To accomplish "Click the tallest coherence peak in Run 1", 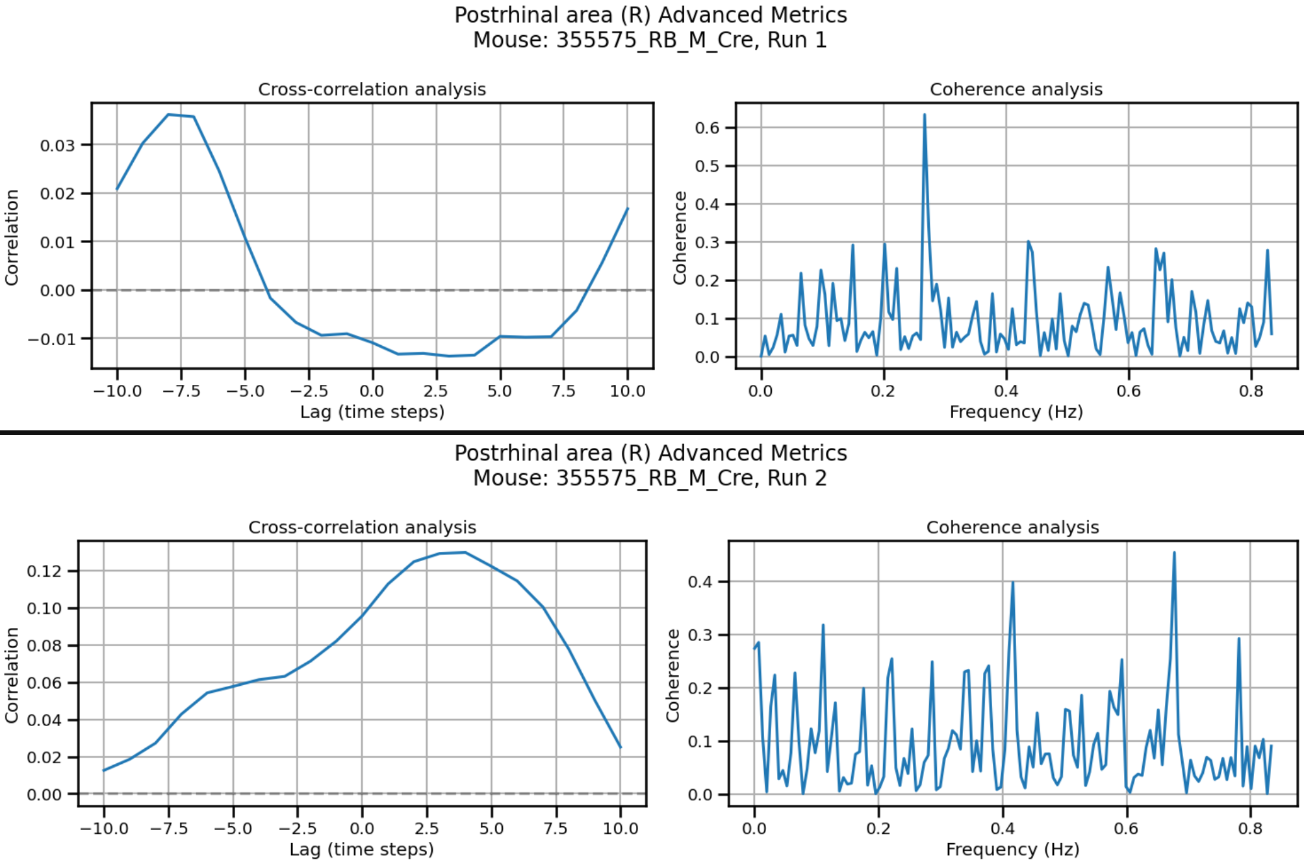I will click(x=924, y=116).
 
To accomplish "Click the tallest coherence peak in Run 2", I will click(x=1174, y=553).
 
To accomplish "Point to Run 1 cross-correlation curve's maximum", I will click(x=168, y=115).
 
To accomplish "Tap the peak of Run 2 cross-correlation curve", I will click(x=465, y=553).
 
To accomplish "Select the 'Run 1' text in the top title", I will click(x=797, y=40).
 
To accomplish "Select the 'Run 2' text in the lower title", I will click(x=797, y=478).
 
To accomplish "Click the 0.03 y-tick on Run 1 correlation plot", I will click(x=57, y=145).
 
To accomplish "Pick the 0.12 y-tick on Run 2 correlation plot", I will click(x=44, y=571).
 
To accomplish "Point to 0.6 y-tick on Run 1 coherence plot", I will click(x=707, y=127).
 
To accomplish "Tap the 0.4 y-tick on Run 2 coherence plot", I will click(x=700, y=582).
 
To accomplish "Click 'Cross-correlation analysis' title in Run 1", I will click(x=372, y=89).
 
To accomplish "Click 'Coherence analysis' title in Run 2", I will click(x=1012, y=527).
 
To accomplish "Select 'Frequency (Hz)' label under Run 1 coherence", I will click(x=1016, y=411).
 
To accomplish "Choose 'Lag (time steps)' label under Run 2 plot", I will click(x=361, y=849).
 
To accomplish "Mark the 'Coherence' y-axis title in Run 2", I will click(x=672, y=675).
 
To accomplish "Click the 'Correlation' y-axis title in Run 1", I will click(x=12, y=237).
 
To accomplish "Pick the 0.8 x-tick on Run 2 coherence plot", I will click(x=1250, y=828).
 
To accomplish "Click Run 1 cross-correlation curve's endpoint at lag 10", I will click(x=628, y=209).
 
